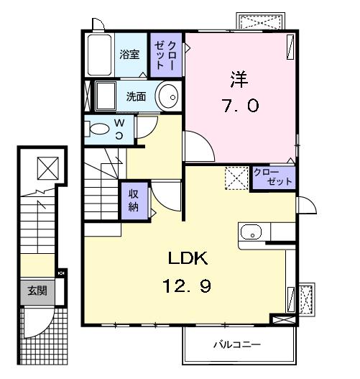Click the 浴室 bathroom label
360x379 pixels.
129,54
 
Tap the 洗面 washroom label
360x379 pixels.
137,96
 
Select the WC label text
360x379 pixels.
120,130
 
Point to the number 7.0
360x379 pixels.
239,106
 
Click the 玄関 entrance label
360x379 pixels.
37,291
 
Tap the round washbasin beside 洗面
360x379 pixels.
169,96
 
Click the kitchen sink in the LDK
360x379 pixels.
251,232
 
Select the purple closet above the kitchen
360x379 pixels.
273,178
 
